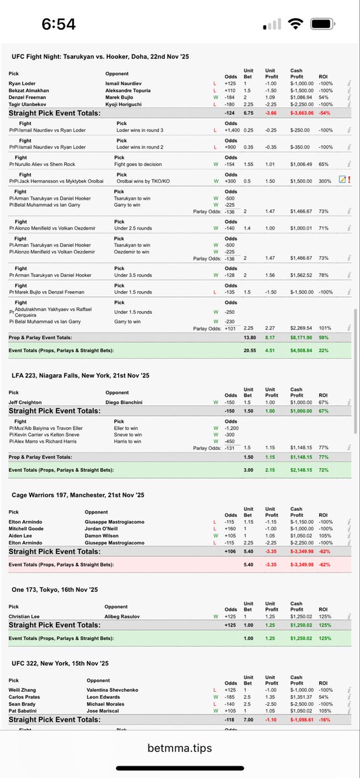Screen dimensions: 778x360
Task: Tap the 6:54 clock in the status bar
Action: [x=59, y=24]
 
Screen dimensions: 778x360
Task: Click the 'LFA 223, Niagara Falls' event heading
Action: [x=80, y=376]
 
